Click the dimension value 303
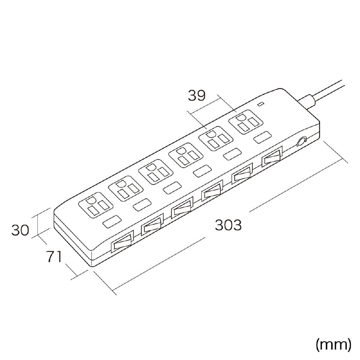228,225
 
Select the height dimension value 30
20,230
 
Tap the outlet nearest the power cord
245,122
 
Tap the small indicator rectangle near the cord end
261,104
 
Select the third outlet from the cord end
186,155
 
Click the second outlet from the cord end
216,139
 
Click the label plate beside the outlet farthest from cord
112,221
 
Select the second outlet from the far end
126,188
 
